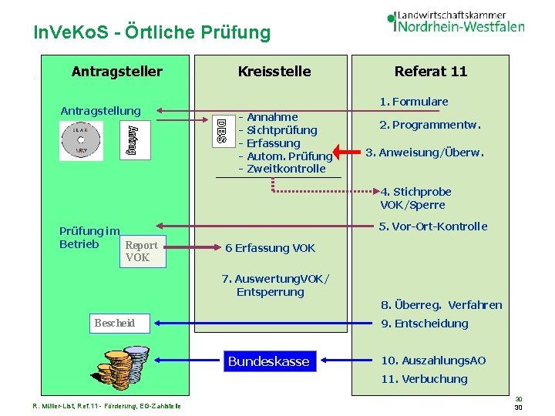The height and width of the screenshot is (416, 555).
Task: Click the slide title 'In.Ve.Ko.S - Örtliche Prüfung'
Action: click(x=153, y=32)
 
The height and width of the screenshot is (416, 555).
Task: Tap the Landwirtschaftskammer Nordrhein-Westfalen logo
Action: click(x=456, y=21)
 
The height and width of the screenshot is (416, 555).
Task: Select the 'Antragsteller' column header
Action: click(x=116, y=72)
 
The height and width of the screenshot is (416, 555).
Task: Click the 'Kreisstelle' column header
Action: click(x=274, y=72)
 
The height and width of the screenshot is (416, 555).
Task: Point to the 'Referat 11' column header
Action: click(x=431, y=72)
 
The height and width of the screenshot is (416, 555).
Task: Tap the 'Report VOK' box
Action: click(x=141, y=251)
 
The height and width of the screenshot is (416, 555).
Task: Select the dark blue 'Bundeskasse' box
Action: click(x=268, y=361)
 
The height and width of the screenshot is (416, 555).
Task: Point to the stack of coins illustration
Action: click(x=116, y=368)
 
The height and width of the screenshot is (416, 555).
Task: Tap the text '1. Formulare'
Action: click(x=413, y=102)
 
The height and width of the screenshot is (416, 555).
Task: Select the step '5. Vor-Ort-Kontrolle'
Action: click(x=433, y=226)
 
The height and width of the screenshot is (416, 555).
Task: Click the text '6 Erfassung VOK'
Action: click(x=270, y=248)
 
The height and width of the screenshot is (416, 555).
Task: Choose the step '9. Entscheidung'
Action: click(x=424, y=324)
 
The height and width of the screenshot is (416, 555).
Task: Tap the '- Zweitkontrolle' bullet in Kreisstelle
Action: click(x=282, y=169)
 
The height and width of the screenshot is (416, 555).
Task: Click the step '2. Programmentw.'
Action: click(x=429, y=125)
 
